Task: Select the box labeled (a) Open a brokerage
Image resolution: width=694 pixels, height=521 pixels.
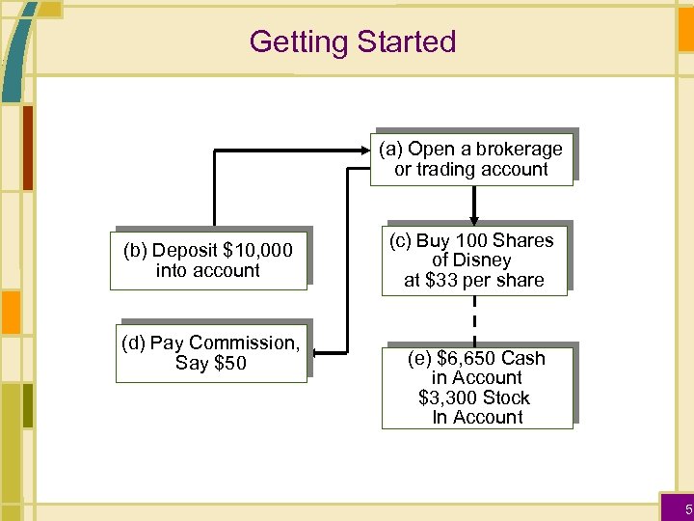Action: pos(471,159)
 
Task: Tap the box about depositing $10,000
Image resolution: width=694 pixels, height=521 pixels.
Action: pos(207,260)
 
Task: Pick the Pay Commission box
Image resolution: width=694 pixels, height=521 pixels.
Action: pos(210,353)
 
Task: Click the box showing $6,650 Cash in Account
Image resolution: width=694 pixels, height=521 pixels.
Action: pos(477,388)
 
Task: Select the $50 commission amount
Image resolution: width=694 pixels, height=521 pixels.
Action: pos(230,364)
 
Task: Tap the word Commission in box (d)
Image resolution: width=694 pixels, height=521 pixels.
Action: pos(245,343)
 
